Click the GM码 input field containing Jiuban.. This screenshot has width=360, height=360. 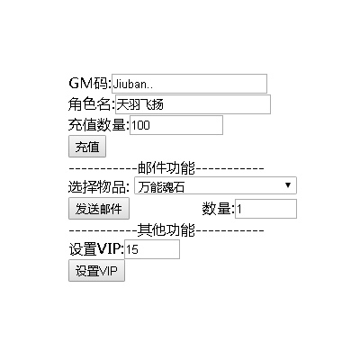pos(189,84)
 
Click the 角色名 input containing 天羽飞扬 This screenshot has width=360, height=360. pos(193,104)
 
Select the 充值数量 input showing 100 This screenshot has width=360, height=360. pos(176,125)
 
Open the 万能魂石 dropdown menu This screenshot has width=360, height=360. pos(215,185)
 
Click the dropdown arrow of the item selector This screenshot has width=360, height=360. pos(288,185)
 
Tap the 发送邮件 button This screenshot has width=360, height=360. pos(99,209)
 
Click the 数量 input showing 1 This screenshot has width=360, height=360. pos(265,209)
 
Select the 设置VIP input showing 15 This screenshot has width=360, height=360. pos(152,249)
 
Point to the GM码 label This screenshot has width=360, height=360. pos(90,83)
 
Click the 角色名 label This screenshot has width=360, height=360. pos(92,104)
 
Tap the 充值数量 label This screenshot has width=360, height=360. pos(99,125)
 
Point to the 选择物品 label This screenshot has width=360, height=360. pos(99,187)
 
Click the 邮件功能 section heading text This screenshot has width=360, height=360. pos(166,168)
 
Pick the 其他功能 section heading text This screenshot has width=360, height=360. pos(166,230)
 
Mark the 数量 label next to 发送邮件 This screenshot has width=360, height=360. pos(218,209)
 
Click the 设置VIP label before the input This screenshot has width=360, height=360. pos(96,249)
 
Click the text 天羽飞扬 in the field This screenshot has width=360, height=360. pos(139,104)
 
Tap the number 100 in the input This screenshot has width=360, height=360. pos(140,125)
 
